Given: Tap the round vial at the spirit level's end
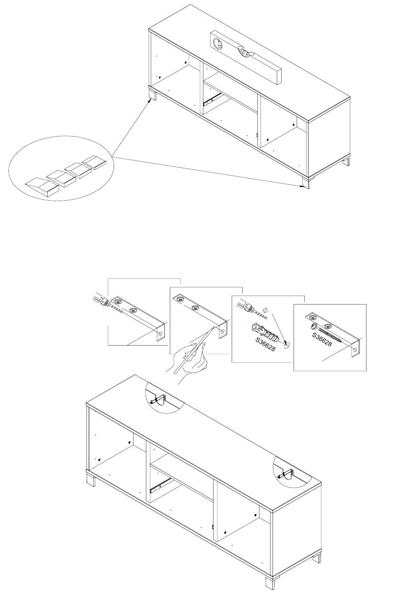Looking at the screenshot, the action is coord(218,43).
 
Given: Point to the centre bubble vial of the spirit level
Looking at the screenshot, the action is coord(245,51).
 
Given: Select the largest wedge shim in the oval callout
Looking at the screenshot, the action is coord(42,187).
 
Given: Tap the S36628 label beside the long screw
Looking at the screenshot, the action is coord(322,339).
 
